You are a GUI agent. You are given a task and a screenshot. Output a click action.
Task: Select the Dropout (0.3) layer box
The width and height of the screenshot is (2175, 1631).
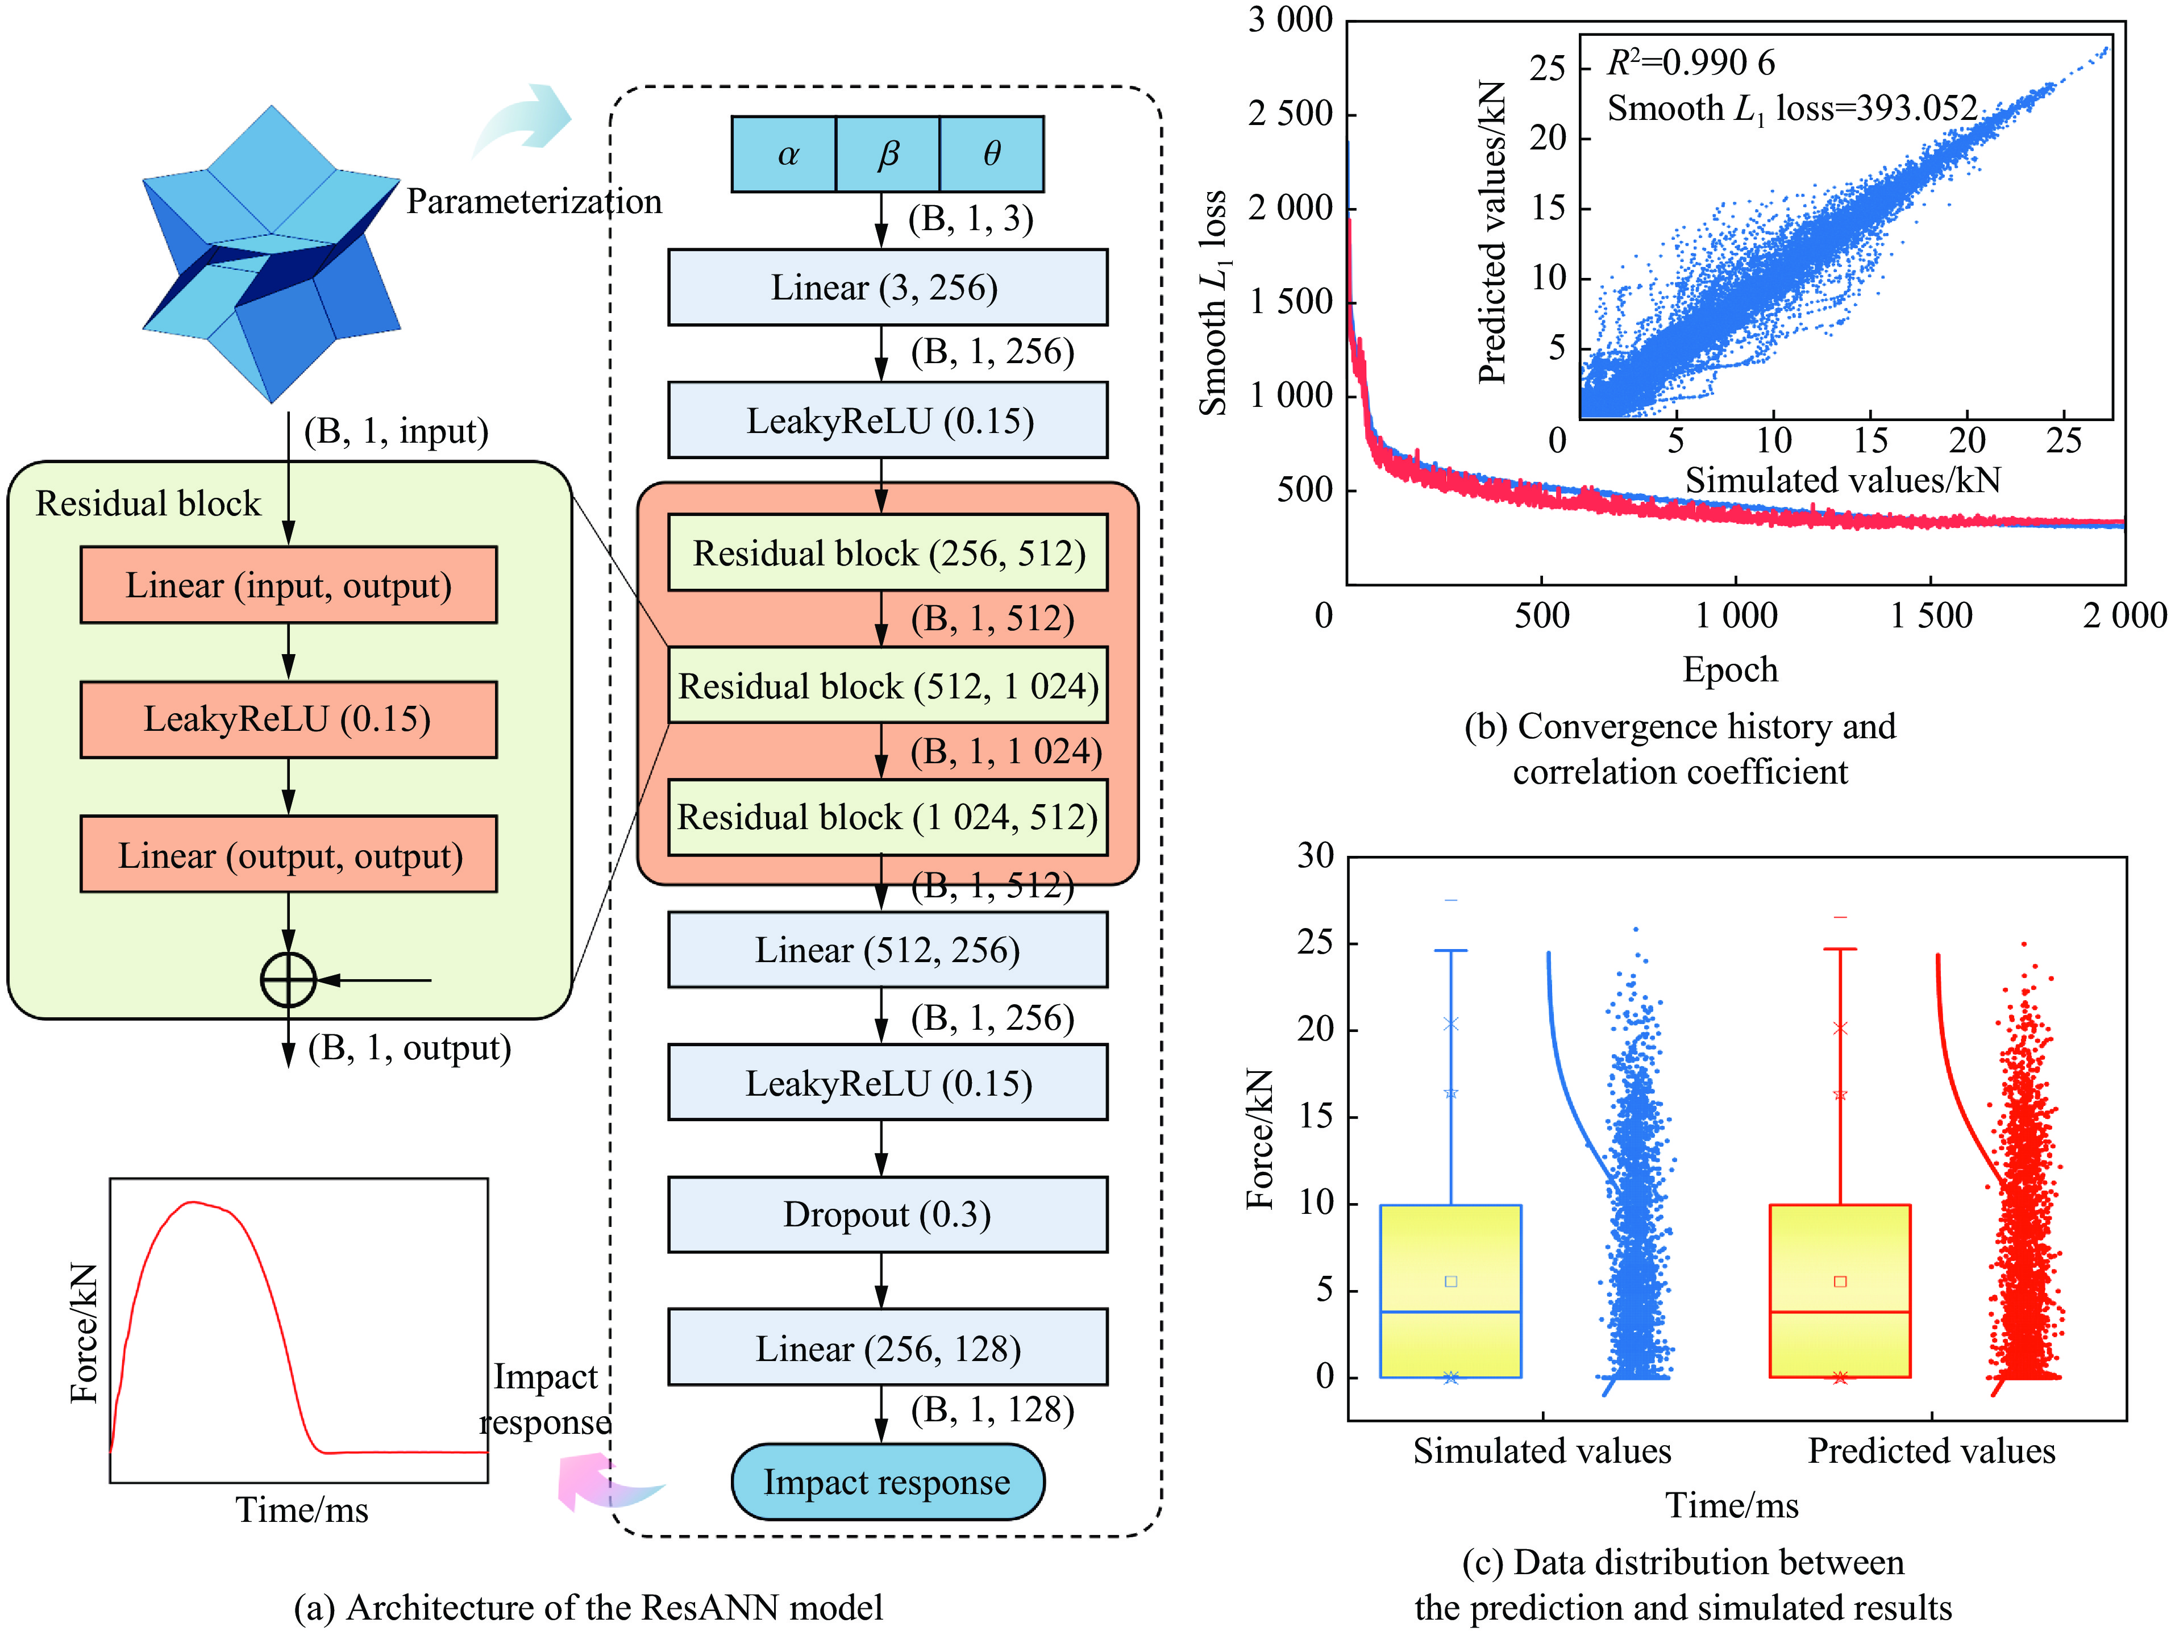tap(887, 1215)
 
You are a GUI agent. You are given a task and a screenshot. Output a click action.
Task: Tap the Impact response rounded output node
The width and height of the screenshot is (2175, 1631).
tap(887, 1482)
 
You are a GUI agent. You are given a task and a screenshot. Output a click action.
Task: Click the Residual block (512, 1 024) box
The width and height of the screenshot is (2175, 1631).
tap(887, 685)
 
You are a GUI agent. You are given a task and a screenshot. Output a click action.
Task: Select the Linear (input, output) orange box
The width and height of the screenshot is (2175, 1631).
tap(288, 585)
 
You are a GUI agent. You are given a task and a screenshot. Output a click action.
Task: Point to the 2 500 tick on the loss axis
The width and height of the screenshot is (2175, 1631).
tap(1290, 114)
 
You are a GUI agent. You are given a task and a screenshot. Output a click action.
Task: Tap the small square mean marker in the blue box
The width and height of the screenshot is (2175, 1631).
tap(1450, 1281)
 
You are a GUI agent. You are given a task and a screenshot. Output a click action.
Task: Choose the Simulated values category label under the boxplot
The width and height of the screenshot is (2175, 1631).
tap(1542, 1451)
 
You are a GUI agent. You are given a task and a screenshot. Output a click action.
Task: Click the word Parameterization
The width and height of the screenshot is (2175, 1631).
tap(534, 202)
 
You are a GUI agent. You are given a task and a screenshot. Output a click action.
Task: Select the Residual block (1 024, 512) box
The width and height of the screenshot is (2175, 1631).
tap(887, 817)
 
